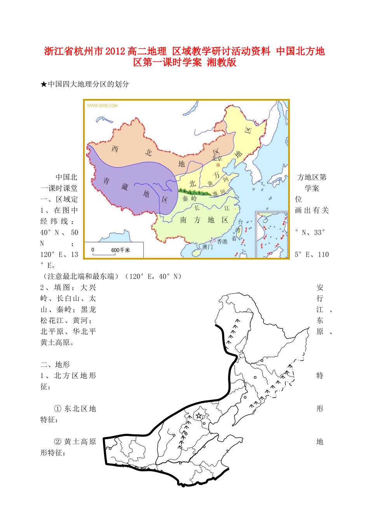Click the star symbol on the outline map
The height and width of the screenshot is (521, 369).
click(x=199, y=416)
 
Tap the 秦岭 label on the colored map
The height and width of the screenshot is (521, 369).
click(x=190, y=198)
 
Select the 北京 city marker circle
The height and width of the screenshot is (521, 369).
click(x=218, y=165)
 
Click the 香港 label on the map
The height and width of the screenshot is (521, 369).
click(x=222, y=241)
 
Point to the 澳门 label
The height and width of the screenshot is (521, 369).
click(x=207, y=247)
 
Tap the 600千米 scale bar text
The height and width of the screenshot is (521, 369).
click(x=120, y=250)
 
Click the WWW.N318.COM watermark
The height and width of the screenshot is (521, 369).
click(x=102, y=105)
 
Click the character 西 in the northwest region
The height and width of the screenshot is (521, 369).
click(x=115, y=149)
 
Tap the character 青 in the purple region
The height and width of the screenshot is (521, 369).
click(x=106, y=181)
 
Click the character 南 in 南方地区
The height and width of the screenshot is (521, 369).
click(x=183, y=220)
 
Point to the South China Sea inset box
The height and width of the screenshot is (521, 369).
click(x=272, y=234)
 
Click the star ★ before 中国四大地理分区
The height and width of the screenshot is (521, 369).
click(x=44, y=84)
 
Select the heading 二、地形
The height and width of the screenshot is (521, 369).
click(x=55, y=365)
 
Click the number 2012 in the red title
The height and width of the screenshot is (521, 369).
click(x=115, y=51)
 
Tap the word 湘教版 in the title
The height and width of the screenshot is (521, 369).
click(x=221, y=62)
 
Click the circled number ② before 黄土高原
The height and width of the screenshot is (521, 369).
click(x=57, y=442)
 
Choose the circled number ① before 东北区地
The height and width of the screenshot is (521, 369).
click(x=57, y=409)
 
